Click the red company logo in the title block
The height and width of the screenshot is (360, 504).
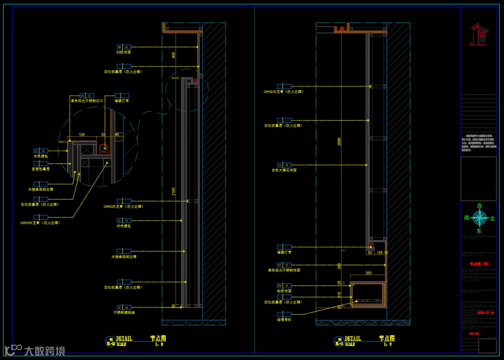[479, 35]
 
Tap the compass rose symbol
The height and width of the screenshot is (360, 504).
[479, 218]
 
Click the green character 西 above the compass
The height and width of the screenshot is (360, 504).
[479, 206]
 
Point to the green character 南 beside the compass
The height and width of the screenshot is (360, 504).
[467, 218]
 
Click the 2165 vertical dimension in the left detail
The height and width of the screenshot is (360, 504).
[174, 192]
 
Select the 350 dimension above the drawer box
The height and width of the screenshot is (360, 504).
[369, 273]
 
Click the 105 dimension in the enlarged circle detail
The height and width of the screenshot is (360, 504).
[82, 134]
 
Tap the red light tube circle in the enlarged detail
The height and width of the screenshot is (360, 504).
[103, 148]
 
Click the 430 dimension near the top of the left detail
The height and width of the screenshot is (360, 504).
[174, 55]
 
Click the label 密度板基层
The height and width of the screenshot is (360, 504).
[41, 169]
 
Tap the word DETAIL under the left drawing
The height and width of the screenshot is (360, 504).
[124, 339]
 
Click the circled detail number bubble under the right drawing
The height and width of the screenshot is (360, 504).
[339, 340]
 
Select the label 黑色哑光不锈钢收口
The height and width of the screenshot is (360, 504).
[86, 100]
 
